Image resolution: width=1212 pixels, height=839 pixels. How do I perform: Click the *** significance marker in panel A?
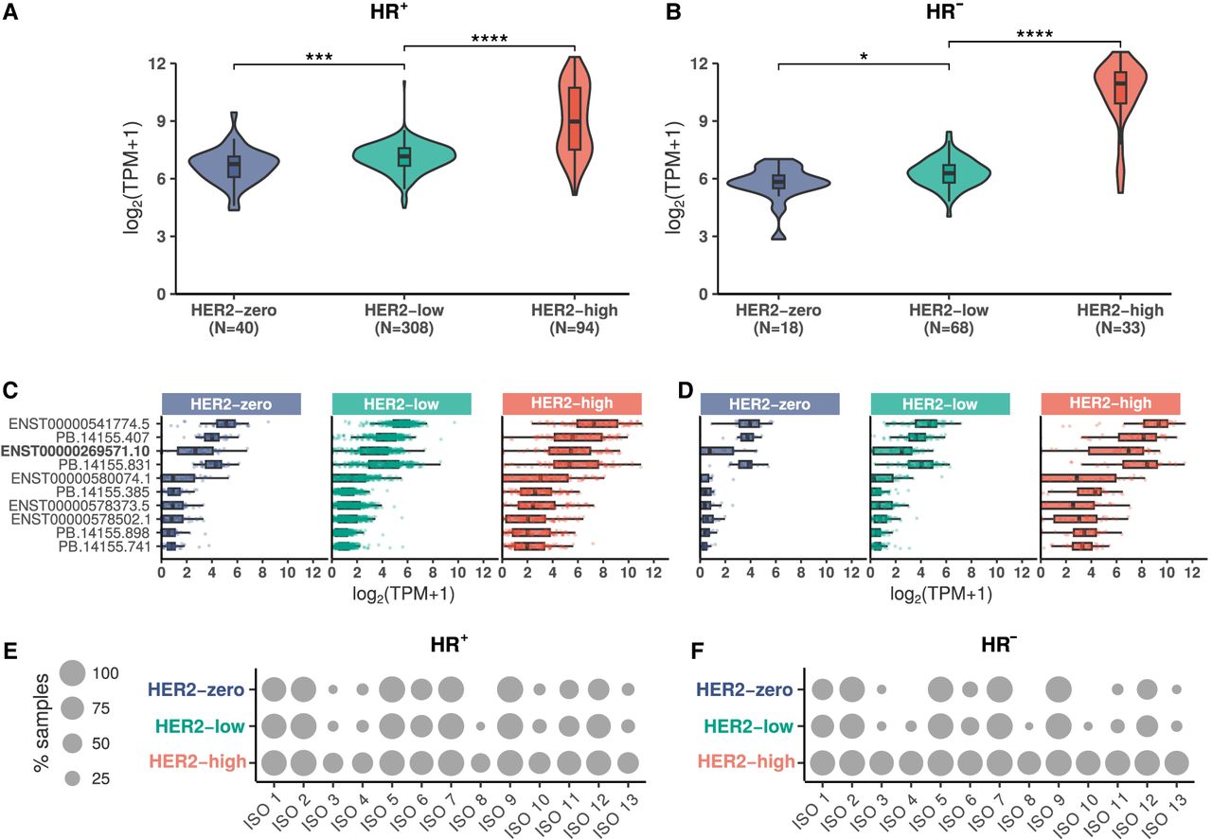click(x=319, y=56)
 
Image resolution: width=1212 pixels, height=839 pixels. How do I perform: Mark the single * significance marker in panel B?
click(x=863, y=56)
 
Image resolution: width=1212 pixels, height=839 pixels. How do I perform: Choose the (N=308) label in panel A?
click(x=404, y=329)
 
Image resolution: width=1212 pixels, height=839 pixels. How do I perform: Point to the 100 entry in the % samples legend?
click(x=105, y=672)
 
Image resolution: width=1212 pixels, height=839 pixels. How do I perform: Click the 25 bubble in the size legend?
click(x=73, y=778)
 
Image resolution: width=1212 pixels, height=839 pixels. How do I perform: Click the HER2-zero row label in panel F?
click(x=745, y=690)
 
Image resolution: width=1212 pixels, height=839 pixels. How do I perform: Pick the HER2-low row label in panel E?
click(x=200, y=727)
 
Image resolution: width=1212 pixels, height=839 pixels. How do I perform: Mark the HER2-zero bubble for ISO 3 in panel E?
click(x=332, y=690)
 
